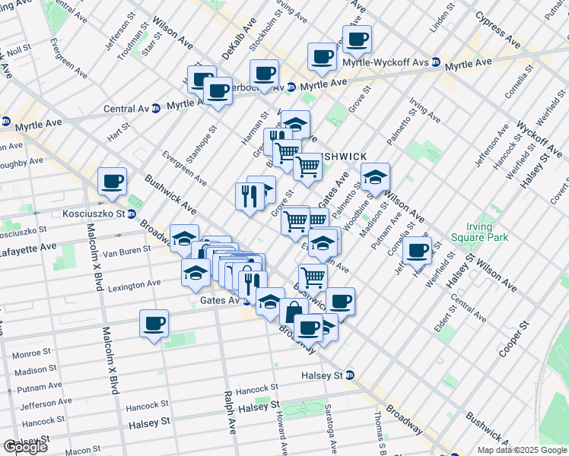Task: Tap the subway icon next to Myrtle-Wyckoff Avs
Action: [x=436, y=62]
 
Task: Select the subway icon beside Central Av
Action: [x=156, y=108]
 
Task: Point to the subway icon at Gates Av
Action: [x=246, y=301]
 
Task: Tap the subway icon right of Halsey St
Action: [x=349, y=375]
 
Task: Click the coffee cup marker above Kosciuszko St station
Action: [x=113, y=181]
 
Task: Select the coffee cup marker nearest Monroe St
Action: [x=154, y=324]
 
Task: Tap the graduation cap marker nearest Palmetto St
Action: [x=375, y=177]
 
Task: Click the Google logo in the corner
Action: [x=25, y=447]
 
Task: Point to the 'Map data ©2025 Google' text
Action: [x=522, y=450]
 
